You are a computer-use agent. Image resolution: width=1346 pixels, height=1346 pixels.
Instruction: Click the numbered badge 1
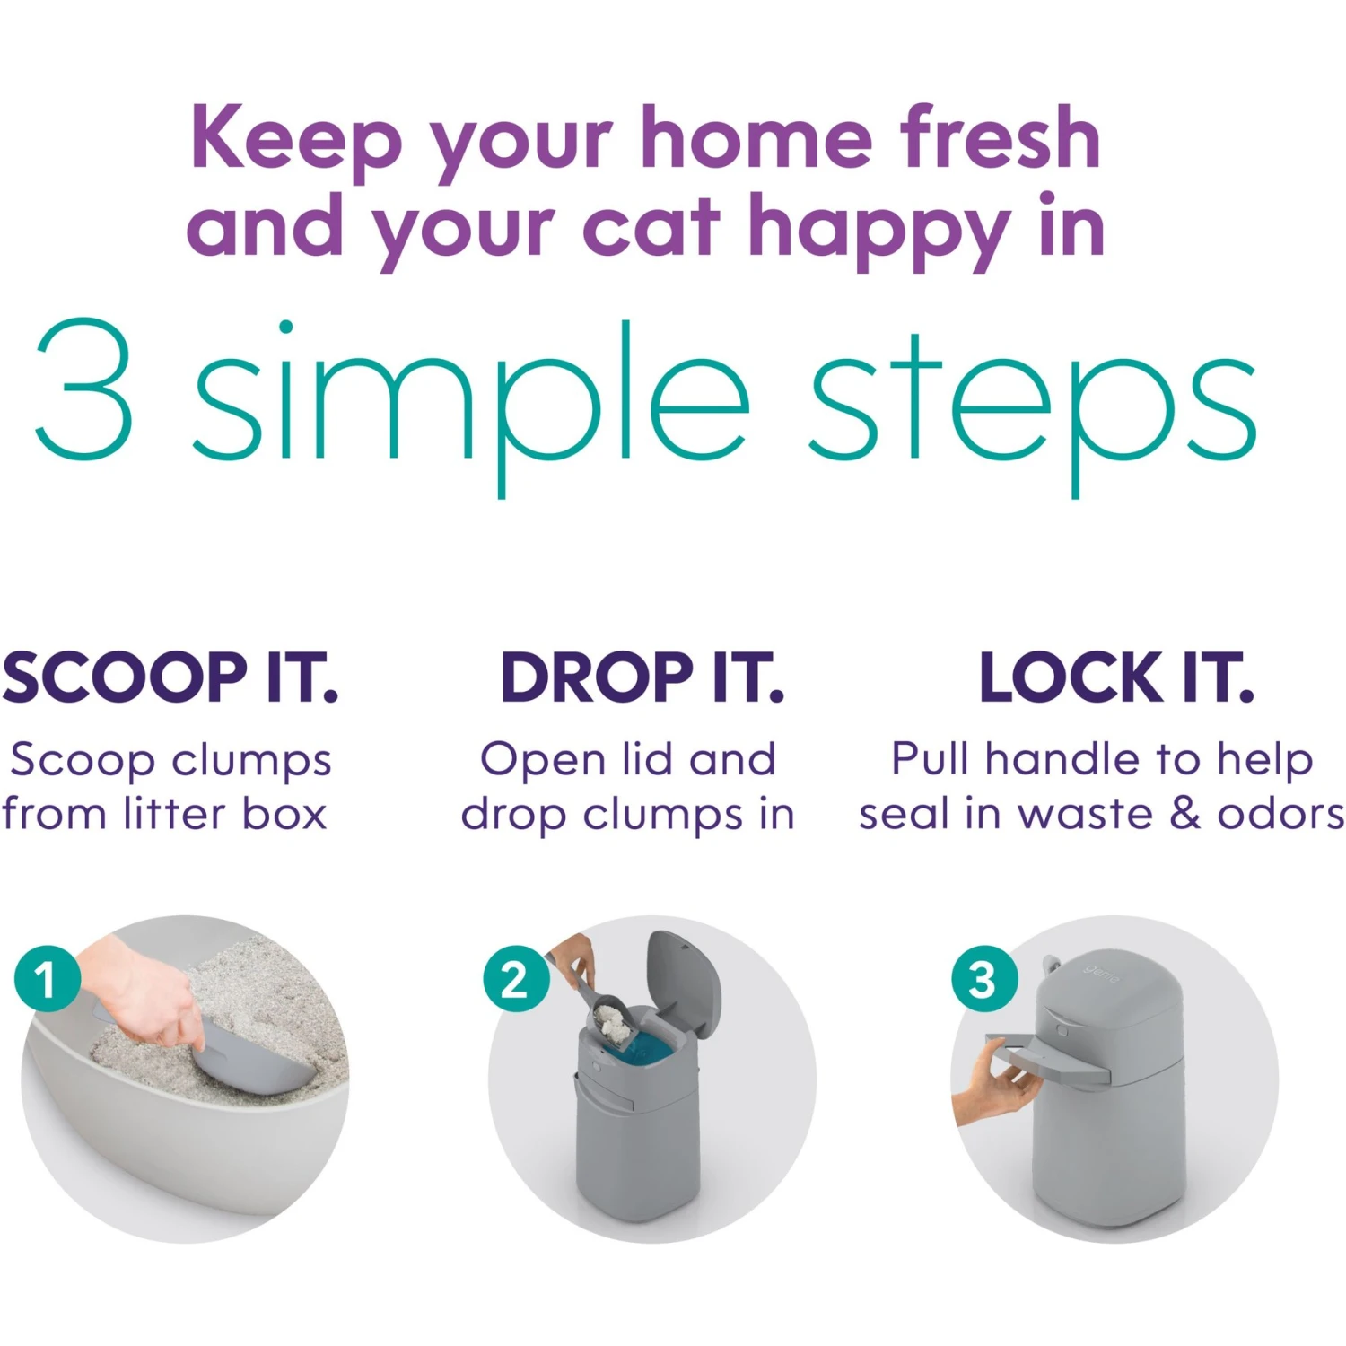pos(47,979)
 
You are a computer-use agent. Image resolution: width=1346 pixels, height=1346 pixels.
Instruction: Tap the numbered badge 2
pos(515,979)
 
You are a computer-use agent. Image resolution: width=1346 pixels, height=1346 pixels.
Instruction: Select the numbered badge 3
pos(983,979)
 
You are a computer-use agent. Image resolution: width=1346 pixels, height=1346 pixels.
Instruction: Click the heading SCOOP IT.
pos(170,677)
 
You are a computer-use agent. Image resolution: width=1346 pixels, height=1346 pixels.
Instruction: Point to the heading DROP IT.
pos(642,677)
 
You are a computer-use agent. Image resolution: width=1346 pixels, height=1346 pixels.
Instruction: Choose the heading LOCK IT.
pos(1115,677)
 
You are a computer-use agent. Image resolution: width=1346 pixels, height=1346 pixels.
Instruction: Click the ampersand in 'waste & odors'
pos(1184,813)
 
